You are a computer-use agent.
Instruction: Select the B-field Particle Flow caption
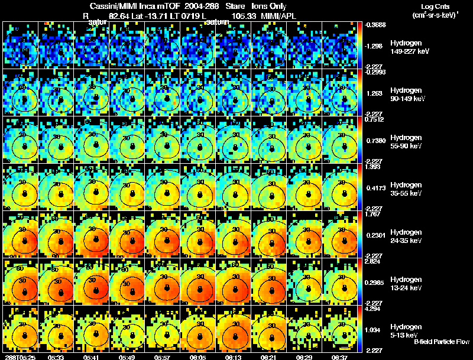441,342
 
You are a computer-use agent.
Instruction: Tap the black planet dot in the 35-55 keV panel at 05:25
24,193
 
